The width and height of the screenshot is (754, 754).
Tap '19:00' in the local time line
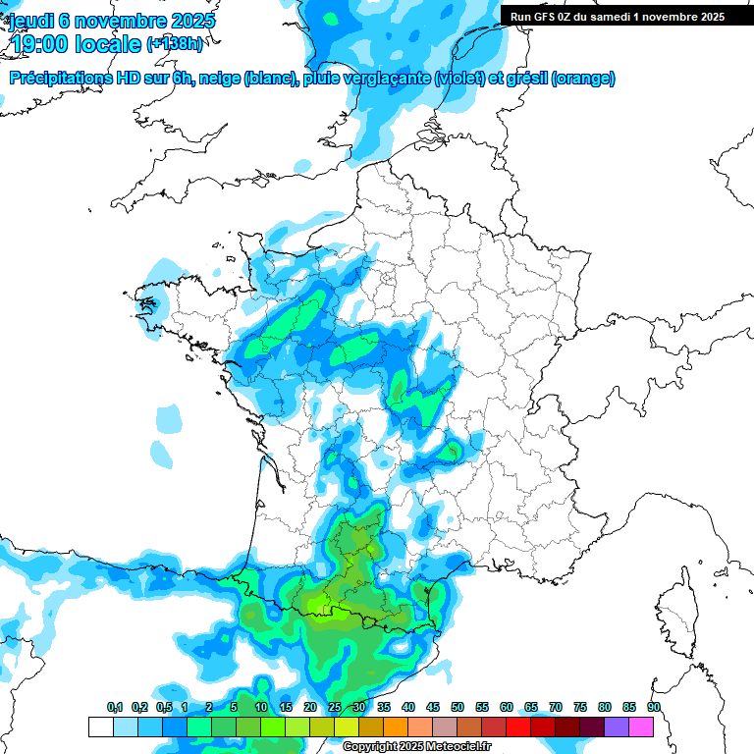coord(41,44)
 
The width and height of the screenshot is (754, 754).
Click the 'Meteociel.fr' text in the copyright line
coord(458,747)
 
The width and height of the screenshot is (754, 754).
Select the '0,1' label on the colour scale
coord(115,707)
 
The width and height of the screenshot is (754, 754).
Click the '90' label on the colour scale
coord(653,707)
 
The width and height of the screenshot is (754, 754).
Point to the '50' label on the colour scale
coord(458,707)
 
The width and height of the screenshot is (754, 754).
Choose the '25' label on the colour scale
coord(335,707)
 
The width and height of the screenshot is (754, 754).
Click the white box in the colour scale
coord(100,727)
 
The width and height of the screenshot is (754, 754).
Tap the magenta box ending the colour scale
coord(641,727)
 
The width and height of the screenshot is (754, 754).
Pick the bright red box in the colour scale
coord(518,727)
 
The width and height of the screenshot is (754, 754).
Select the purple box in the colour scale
coord(617,727)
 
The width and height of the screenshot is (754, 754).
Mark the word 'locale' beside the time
coord(109,44)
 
